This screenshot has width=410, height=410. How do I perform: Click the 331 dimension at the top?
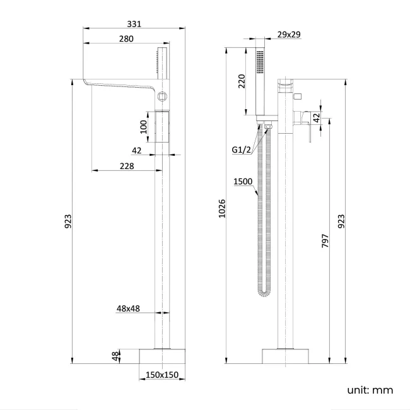pyautogui.click(x=134, y=24)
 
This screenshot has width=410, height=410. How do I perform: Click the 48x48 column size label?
pyautogui.click(x=129, y=308)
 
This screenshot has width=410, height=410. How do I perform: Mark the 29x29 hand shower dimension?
pyautogui.click(x=288, y=35)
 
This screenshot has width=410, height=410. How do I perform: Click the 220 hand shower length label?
pyautogui.click(x=241, y=81)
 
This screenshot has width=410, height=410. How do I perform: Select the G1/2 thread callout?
pyautogui.click(x=242, y=149)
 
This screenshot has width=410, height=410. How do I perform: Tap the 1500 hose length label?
pyautogui.click(x=243, y=182)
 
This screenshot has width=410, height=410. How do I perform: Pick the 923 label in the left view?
pyautogui.click(x=68, y=221)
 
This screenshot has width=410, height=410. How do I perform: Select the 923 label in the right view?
pyautogui.click(x=341, y=221)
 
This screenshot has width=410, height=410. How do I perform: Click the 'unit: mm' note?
pyautogui.click(x=370, y=390)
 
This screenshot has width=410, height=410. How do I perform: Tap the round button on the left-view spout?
pyautogui.click(x=162, y=97)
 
